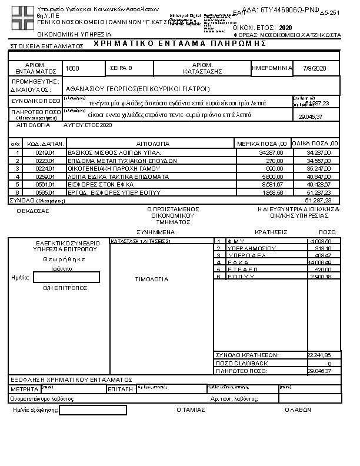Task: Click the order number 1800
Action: (73, 69)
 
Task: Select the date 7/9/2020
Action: (314, 69)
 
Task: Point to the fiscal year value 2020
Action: (285, 28)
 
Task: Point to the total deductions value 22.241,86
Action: (319, 355)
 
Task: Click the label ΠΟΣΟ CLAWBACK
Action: (242, 363)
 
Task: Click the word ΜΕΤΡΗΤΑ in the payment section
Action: (25, 390)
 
